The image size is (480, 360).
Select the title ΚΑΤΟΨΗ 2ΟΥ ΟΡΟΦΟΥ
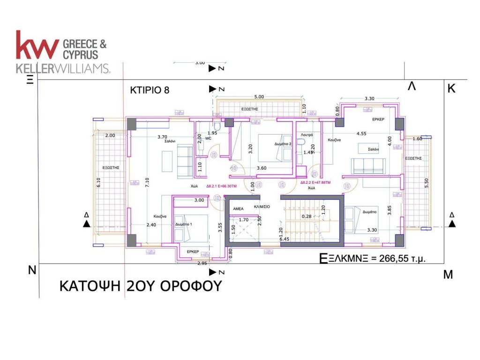(x=140, y=286)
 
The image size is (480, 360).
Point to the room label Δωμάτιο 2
(x=283, y=144)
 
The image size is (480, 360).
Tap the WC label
(x=208, y=139)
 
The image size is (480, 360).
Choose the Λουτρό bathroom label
(x=307, y=134)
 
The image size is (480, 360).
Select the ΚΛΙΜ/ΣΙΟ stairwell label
(x=261, y=207)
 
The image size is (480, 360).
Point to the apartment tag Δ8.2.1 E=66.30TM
(x=221, y=187)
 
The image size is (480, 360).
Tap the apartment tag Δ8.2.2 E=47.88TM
(x=315, y=182)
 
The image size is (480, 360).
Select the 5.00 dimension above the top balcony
(x=259, y=97)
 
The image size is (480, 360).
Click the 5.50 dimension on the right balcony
(x=426, y=183)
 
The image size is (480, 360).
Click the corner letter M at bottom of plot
(x=448, y=275)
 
